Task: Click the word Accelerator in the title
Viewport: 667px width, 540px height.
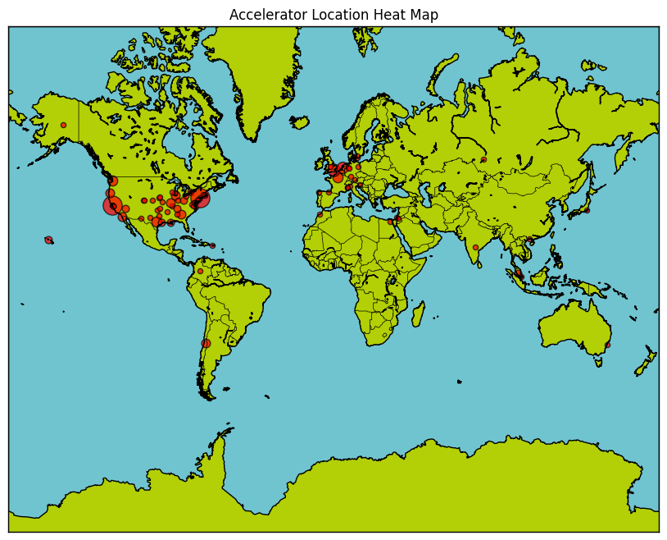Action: tap(268, 15)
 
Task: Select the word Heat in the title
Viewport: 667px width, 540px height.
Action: tap(385, 15)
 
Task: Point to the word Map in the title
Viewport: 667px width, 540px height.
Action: tap(424, 15)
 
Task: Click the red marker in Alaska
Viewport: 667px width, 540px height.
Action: tap(63, 125)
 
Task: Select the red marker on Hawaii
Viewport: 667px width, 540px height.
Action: tap(48, 240)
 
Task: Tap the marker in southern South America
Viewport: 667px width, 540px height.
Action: tap(206, 343)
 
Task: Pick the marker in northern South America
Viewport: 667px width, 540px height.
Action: tap(200, 271)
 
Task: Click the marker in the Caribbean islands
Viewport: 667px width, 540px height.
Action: tap(212, 245)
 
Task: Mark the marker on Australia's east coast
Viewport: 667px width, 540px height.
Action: tap(607, 345)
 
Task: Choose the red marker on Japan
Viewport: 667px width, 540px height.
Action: tap(587, 210)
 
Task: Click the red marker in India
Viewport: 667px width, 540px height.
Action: tap(475, 247)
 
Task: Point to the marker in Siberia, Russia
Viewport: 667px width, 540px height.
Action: tap(483, 159)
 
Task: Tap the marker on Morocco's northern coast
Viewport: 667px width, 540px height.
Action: tap(320, 214)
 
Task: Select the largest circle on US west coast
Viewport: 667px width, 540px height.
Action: tap(112, 205)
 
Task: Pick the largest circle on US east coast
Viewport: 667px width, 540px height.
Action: tap(200, 198)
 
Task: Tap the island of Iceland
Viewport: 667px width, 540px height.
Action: tap(299, 123)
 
